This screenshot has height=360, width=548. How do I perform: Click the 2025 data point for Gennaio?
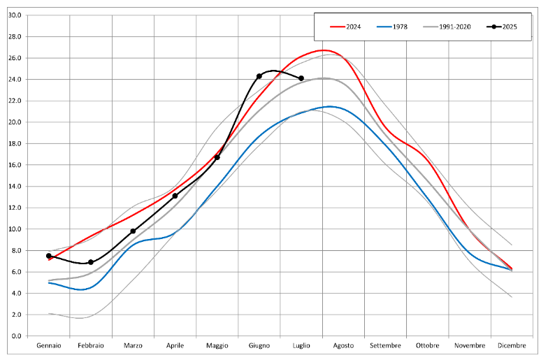click(x=49, y=256)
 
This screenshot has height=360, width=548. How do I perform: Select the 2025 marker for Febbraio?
click(x=91, y=262)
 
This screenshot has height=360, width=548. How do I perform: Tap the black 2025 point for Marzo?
click(x=133, y=231)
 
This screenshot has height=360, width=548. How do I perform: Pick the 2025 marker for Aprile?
click(x=175, y=196)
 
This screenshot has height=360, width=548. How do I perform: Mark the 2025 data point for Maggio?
click(x=217, y=157)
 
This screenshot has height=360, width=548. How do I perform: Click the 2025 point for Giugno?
click(x=259, y=76)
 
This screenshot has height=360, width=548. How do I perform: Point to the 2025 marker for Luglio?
click(x=301, y=78)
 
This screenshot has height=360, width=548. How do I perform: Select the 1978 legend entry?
click(x=392, y=27)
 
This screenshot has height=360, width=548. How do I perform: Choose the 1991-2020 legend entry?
click(x=447, y=27)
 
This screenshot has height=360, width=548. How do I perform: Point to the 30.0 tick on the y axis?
click(x=14, y=15)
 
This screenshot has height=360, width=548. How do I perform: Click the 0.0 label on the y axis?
click(x=16, y=336)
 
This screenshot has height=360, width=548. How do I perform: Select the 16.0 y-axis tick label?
click(x=14, y=165)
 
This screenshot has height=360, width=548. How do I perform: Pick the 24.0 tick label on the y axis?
click(x=14, y=79)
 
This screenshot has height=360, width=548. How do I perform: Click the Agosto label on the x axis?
click(x=343, y=346)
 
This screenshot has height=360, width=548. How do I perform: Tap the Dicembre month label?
click(x=512, y=346)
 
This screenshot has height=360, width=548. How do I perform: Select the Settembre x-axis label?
click(x=386, y=346)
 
